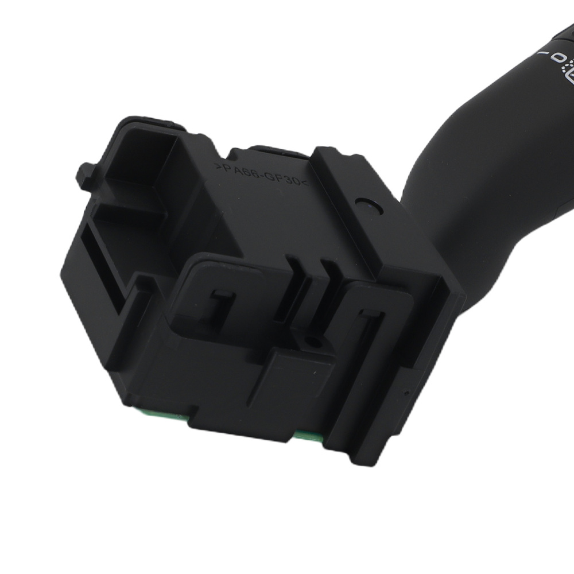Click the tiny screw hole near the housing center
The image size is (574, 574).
coord(313,342)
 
